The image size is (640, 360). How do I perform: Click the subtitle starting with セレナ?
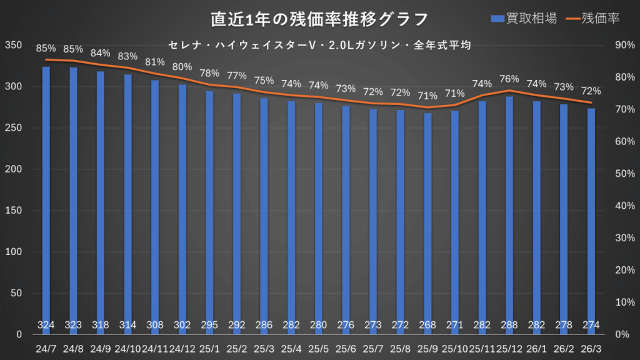(319, 46)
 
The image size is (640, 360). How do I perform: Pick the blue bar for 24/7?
(46, 200)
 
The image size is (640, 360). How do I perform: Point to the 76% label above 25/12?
(509, 79)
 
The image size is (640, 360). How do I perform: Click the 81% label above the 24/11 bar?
(155, 62)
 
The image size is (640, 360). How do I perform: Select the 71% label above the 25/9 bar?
(427, 96)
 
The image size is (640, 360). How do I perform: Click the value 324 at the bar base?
(46, 325)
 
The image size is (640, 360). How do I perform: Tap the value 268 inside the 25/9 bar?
(427, 325)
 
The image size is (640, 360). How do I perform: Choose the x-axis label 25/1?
(210, 346)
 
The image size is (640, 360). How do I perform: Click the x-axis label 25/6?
(346, 346)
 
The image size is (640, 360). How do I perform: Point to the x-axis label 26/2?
(564, 346)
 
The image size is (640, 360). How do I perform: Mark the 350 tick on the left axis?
(13, 45)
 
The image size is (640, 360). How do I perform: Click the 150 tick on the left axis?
(13, 211)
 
